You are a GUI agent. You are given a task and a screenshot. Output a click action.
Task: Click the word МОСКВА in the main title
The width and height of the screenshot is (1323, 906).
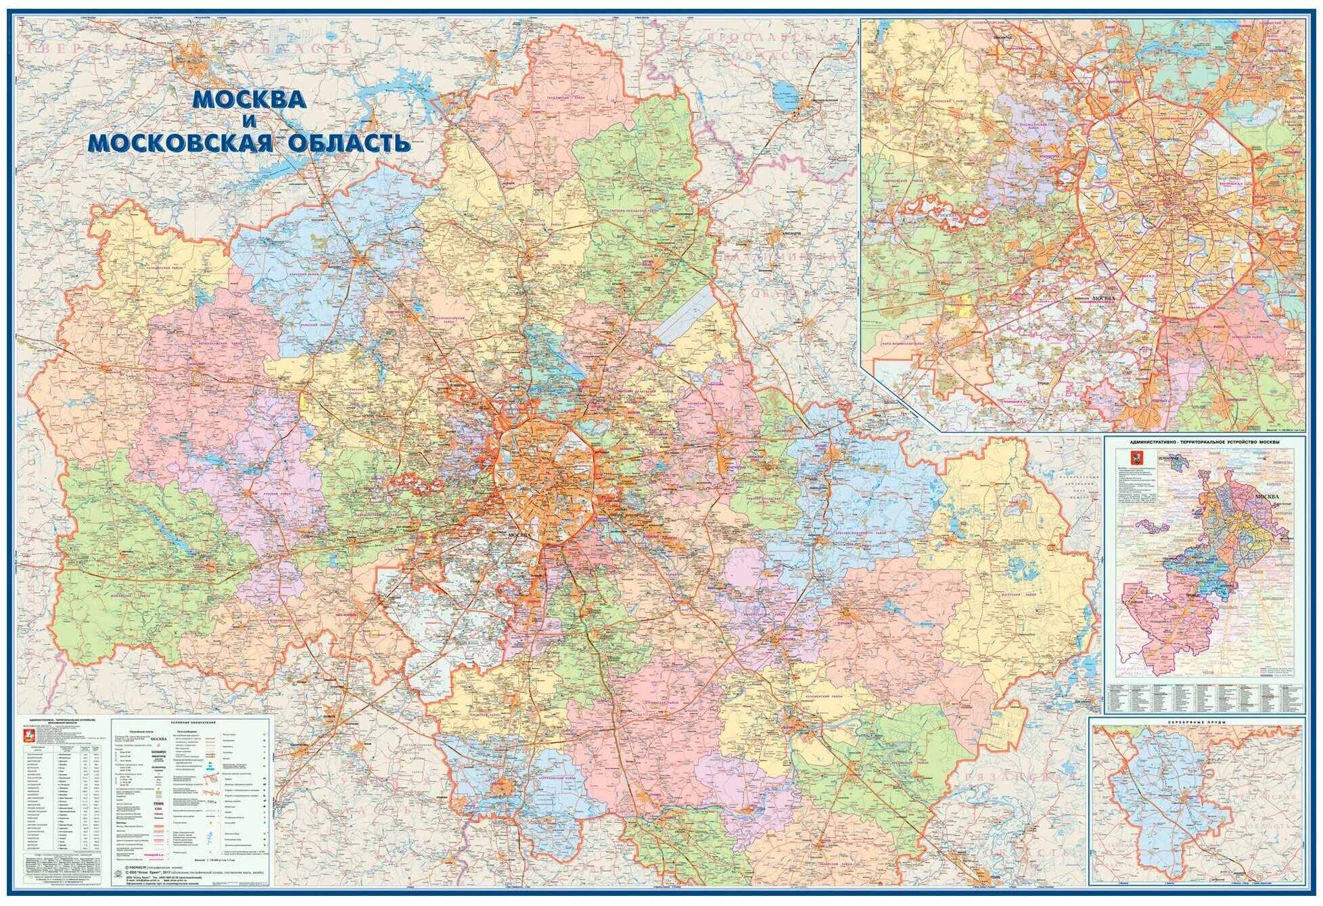(x=250, y=100)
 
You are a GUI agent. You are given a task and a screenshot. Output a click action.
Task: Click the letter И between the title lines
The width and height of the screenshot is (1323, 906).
(x=249, y=122)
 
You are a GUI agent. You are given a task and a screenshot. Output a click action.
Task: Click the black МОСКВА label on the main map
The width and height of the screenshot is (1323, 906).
(x=519, y=535)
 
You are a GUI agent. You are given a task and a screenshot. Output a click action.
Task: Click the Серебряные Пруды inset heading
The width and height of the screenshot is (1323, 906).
(x=1196, y=723)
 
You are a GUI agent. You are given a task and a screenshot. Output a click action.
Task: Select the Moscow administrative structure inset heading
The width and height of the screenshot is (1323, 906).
(x=1204, y=442)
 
